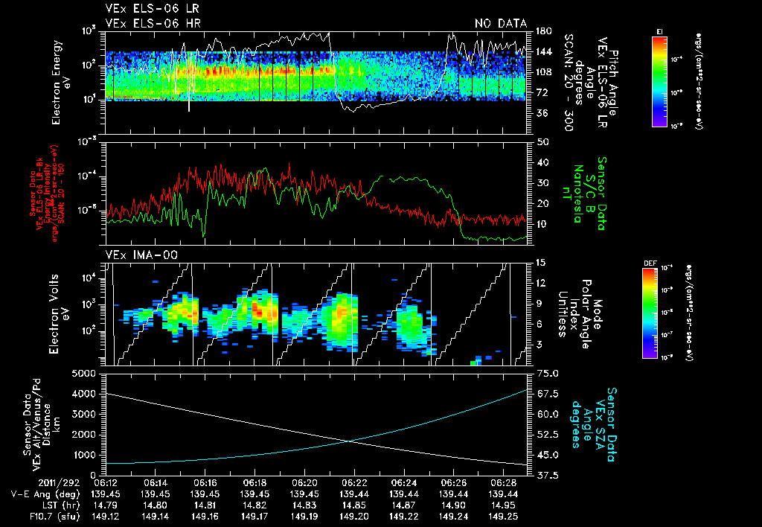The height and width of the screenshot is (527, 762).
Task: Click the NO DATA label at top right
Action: tap(500, 24)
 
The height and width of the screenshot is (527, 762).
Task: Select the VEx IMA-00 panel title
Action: tap(139, 255)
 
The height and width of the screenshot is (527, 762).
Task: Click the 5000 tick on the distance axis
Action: tap(86, 373)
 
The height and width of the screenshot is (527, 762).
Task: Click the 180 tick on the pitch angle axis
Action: tap(542, 31)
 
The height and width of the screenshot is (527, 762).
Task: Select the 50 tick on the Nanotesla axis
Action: tap(542, 141)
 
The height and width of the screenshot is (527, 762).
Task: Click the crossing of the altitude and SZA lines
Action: tap(350, 441)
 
